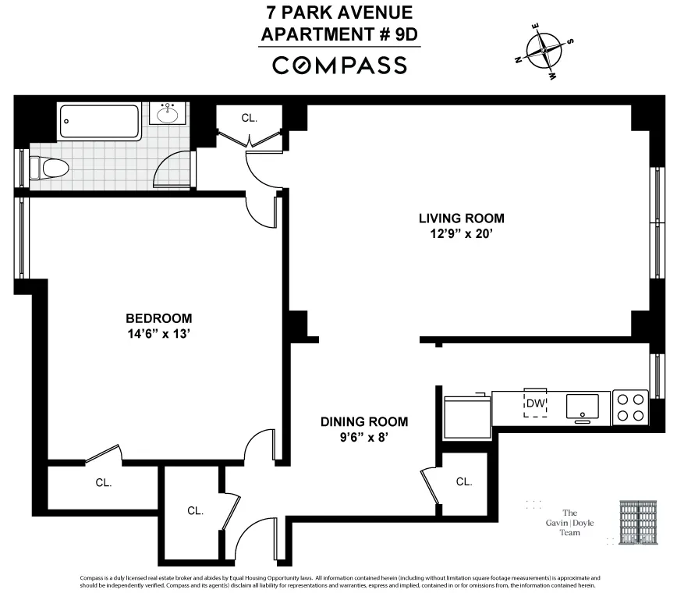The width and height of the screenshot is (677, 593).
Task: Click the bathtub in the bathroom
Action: tap(99, 121)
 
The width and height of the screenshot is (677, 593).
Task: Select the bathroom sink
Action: tap(168, 115)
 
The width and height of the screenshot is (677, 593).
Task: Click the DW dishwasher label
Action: tap(534, 403)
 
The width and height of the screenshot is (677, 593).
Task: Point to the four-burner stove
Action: tap(629, 407)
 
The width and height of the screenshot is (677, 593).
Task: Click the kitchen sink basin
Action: tap(582, 406)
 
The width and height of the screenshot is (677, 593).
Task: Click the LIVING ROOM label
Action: tap(461, 218)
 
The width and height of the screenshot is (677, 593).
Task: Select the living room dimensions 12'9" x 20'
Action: tap(461, 234)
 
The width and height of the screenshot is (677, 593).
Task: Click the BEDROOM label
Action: tap(159, 318)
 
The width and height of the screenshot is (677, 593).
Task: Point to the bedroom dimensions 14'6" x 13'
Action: tap(159, 334)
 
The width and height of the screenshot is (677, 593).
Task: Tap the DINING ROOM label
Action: tap(364, 421)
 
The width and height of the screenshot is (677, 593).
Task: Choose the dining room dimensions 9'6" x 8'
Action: tap(364, 438)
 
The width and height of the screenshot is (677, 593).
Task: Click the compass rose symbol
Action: tap(544, 52)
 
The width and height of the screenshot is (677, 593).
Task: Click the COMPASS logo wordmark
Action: tap(339, 66)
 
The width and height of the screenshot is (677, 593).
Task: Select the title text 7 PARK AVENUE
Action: tap(338, 13)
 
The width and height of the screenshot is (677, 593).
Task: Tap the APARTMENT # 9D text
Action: tap(338, 34)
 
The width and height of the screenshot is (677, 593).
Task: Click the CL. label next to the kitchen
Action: tap(464, 481)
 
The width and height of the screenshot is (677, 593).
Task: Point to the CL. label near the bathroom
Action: tap(250, 118)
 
